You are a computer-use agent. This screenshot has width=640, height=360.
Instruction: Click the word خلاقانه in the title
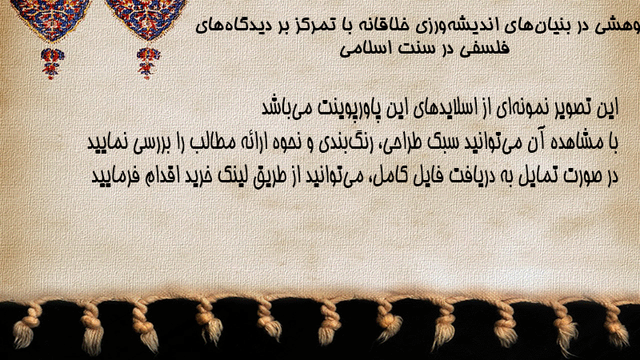tap(377, 26)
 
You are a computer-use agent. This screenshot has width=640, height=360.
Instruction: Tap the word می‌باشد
tap(283, 107)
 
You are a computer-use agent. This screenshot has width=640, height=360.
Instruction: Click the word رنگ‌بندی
tap(343, 143)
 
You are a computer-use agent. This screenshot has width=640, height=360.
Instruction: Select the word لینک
tap(234, 176)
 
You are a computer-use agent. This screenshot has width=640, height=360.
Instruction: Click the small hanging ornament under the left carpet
tap(52, 63)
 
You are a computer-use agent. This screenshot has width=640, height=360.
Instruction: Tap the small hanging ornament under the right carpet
tap(148, 62)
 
